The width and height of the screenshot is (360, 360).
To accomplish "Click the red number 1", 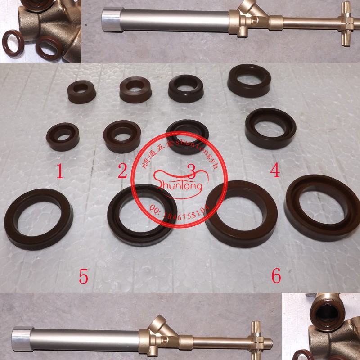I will click(x=60, y=172).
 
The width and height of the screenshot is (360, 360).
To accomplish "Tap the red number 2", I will click(x=122, y=171).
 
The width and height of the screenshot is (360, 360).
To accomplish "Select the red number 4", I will click(x=275, y=171).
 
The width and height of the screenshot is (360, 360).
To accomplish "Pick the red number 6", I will click(x=276, y=275).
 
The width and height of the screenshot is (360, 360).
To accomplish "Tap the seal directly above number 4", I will click(x=270, y=128).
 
